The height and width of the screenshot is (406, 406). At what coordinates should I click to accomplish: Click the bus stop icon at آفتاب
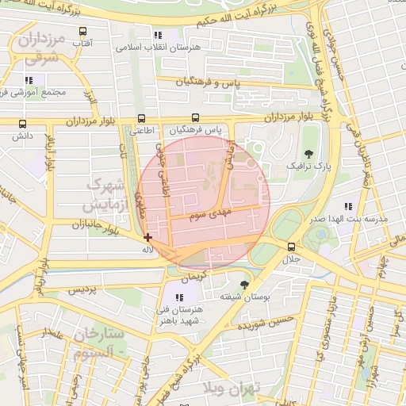coord(82,32)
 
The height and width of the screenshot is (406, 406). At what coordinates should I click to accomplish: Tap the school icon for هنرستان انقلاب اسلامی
coord(158,35)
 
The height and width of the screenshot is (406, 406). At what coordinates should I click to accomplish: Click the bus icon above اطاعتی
coord(142,118)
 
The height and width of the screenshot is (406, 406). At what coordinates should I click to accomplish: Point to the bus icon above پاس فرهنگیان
coord(195,118)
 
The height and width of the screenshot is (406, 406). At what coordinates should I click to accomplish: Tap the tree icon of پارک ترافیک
coord(308,154)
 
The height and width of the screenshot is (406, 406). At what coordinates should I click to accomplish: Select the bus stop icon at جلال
coord(293,247)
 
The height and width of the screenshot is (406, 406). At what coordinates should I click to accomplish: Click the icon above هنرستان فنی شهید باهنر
coord(178,297)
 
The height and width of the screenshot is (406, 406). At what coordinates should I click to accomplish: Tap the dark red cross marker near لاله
coord(148,237)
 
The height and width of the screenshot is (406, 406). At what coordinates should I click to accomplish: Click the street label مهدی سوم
coord(208,214)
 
